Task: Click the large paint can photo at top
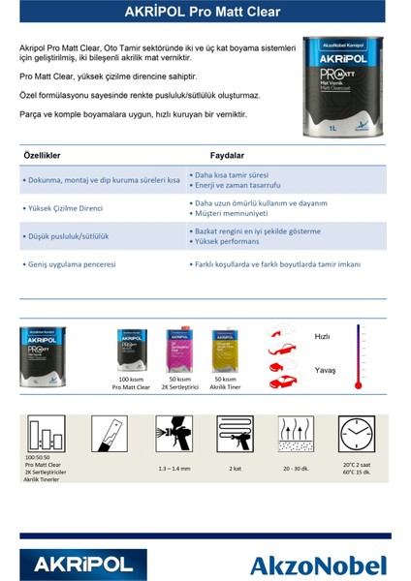(x=342, y=83)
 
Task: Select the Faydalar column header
(x=227, y=155)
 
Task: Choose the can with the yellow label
(x=225, y=351)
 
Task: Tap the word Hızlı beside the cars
(x=322, y=336)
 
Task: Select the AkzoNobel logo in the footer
(x=317, y=565)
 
